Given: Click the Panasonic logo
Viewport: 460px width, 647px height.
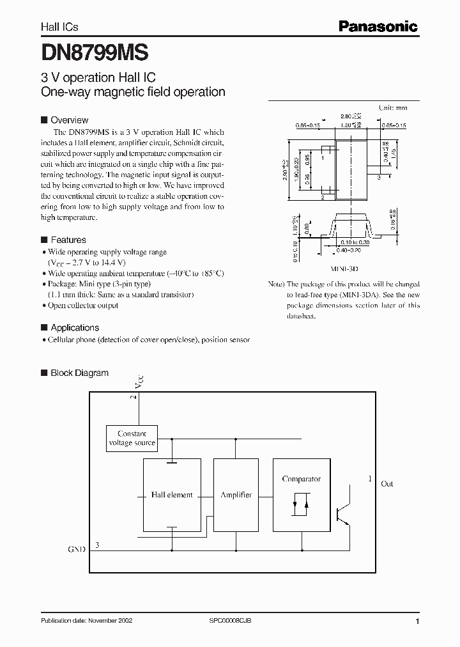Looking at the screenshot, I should [x=378, y=26].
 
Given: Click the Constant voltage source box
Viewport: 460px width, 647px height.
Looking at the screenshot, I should [x=132, y=438].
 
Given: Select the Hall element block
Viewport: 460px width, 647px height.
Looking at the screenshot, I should [x=172, y=495].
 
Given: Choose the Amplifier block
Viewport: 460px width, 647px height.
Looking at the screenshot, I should [x=236, y=495].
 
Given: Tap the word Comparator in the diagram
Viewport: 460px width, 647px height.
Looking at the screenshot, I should [x=301, y=479].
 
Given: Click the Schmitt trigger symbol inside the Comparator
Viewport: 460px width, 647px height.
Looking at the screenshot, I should [x=301, y=504].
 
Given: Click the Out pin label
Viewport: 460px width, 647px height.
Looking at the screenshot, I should [x=387, y=484].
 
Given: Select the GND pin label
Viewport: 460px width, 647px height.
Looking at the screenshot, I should [x=76, y=549].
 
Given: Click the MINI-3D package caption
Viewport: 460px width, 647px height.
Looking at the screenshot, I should [x=343, y=270].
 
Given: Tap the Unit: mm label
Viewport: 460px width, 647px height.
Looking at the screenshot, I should [x=393, y=108].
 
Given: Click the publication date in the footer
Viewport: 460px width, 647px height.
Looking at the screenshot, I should [x=86, y=621].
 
